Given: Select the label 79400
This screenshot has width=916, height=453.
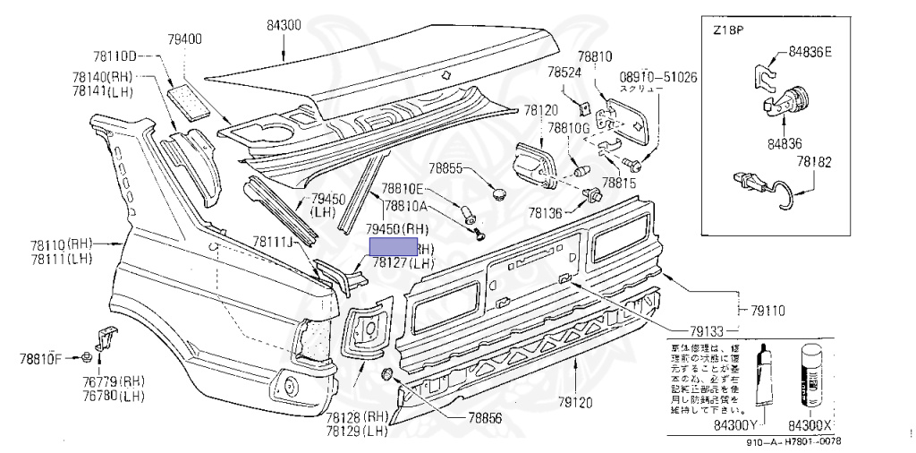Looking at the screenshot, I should click(184, 39).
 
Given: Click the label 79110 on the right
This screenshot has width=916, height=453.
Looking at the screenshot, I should click(768, 311).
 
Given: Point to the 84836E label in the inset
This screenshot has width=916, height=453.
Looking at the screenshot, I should click(810, 53).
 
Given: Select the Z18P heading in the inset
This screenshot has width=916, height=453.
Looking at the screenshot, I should click(730, 30).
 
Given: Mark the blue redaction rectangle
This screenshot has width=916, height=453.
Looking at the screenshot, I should click(393, 249).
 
